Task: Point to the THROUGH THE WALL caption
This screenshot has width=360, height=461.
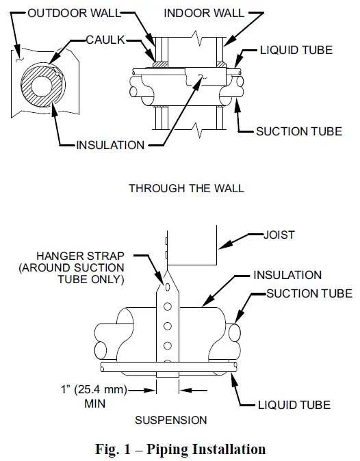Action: pos(186,189)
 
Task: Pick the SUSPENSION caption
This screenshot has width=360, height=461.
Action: pos(170,419)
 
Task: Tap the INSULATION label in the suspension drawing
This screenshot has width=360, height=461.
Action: pos(287,276)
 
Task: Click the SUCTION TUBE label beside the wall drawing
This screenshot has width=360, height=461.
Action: pos(299,131)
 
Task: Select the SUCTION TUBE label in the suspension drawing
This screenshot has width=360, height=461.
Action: pos(309,294)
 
